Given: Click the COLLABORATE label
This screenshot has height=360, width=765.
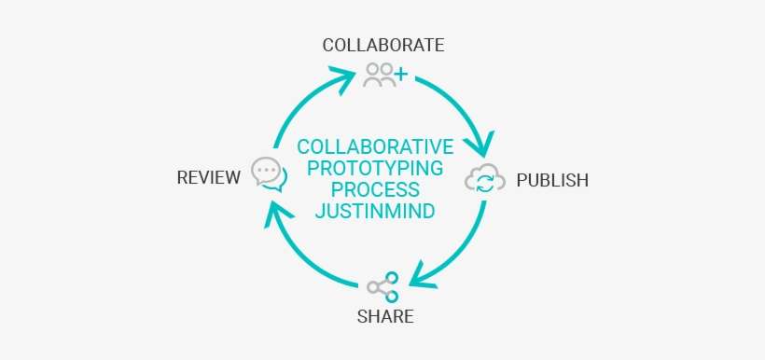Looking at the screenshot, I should point(382,45).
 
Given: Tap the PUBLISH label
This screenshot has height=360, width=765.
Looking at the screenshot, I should point(552,180).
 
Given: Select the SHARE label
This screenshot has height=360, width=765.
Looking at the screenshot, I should point(385,316).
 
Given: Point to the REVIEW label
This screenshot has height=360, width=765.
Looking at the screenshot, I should point(209,177).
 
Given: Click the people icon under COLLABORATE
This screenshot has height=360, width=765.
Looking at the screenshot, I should point(385,75).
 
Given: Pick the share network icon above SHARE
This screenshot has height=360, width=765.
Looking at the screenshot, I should point(382,285).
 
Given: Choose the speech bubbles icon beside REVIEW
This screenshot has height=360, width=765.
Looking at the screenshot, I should point(268,174).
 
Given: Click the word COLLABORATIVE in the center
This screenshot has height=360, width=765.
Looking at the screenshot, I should point(375,147).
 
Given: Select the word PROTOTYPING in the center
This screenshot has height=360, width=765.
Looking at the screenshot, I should point(375,169).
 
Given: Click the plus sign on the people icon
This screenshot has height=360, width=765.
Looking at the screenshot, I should point(400,72).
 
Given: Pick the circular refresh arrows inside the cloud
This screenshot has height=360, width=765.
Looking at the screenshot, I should point(485,182).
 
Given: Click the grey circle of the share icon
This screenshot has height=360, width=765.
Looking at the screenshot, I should point(375,286).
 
